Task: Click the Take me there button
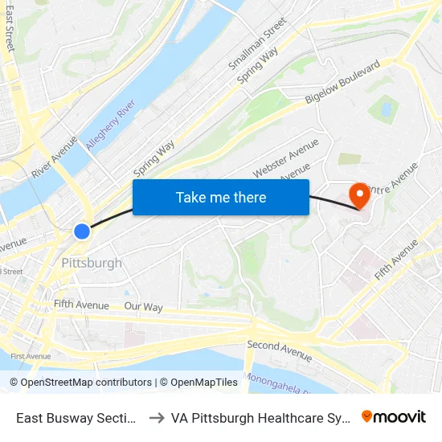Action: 221,197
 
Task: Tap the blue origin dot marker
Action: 82,231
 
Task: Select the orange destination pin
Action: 359,195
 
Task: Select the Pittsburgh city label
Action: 92,263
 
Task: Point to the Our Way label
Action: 143,307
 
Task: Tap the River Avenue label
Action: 54,157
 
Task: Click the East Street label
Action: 10,28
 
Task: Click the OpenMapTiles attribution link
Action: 198,383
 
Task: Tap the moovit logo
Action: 394,416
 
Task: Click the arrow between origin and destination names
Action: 156,418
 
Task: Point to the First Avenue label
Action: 31,356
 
